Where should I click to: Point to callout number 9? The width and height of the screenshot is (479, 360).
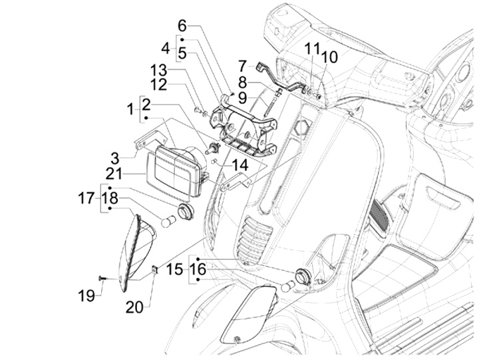pyautogui.click(x=243, y=98)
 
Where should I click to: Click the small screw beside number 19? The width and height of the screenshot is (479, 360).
pyautogui.click(x=102, y=277)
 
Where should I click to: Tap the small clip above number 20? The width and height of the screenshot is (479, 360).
pyautogui.click(x=154, y=269)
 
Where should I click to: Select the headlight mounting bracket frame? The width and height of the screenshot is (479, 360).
pyautogui.click(x=243, y=123)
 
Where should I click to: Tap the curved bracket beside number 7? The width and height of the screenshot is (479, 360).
pyautogui.click(x=279, y=75)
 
